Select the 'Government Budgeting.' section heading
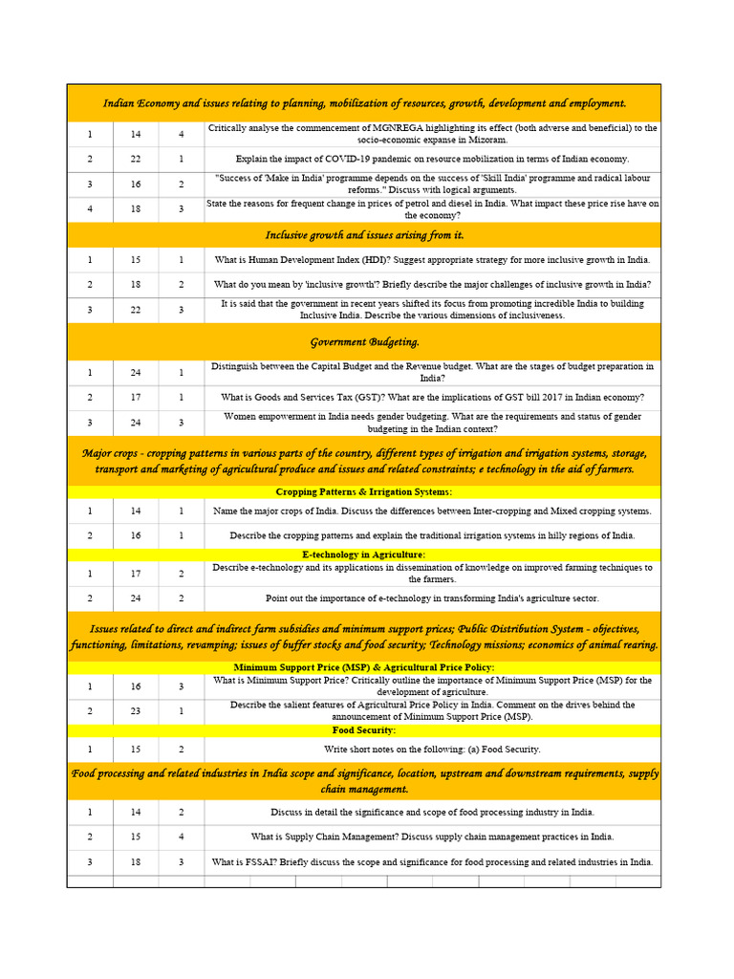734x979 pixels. coord(364,342)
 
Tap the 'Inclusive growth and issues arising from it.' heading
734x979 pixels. coord(364,235)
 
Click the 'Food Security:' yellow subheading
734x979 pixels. coord(364,730)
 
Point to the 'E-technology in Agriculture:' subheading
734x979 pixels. coord(364,555)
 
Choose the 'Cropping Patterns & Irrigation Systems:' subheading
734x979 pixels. coord(364,491)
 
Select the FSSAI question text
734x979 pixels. coord(432,862)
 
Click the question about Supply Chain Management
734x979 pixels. coord(432,837)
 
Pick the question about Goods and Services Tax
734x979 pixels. coord(432,398)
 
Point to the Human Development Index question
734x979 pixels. coord(432,260)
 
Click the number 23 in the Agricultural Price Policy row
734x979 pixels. coord(136,711)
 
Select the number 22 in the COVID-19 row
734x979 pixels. coord(136,159)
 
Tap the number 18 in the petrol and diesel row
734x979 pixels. coord(136,208)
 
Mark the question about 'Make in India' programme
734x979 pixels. coord(432,184)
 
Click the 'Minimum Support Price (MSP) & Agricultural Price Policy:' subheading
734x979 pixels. coord(364,667)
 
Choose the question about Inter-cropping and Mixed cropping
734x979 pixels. coord(432,511)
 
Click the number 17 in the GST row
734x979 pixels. coord(136,398)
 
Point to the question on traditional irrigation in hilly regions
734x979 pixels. coord(432,535)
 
